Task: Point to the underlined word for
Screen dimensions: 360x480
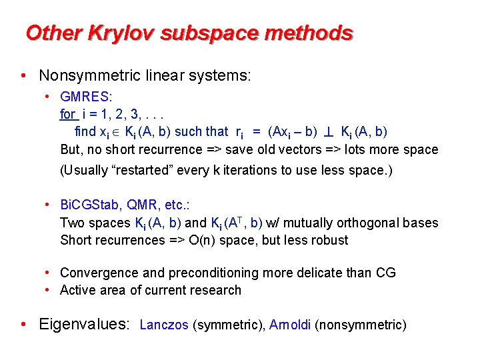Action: pos(67,115)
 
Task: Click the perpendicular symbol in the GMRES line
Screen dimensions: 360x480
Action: pos(329,132)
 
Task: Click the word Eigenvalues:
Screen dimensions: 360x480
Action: pos(85,325)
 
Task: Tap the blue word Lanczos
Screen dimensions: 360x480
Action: pos(165,325)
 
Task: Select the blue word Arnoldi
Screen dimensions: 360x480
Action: pos(290,325)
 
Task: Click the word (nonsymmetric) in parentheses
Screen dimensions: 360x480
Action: pos(360,325)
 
